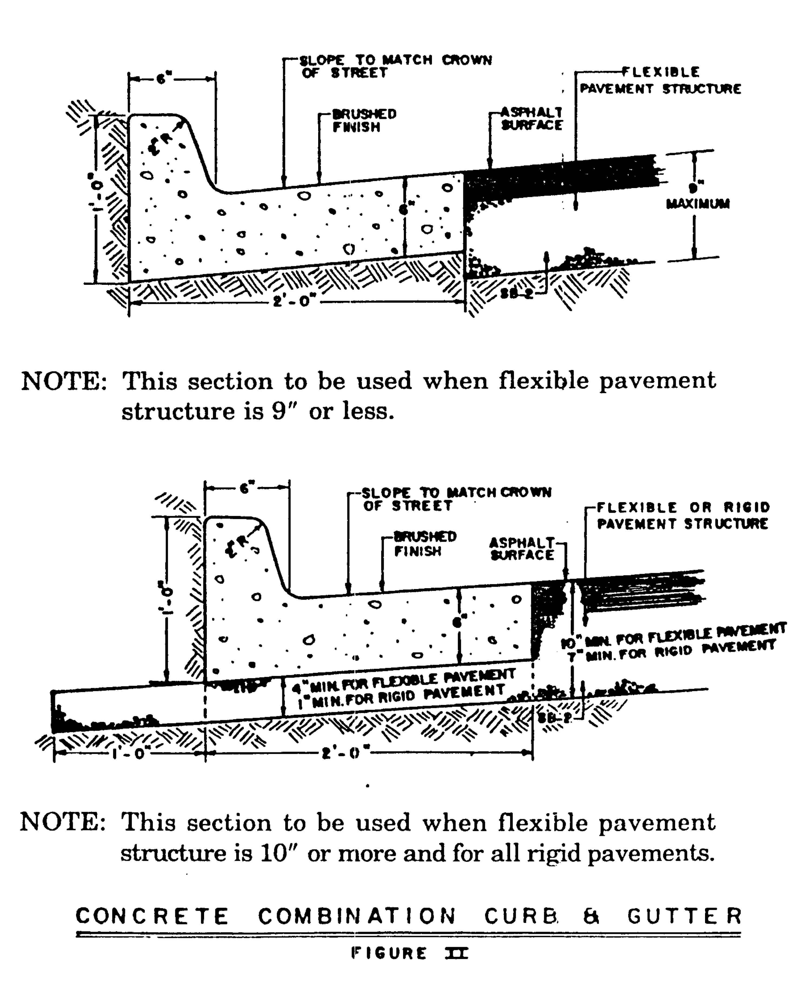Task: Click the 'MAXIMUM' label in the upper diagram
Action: coord(697,204)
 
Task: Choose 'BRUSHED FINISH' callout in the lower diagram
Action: coord(424,544)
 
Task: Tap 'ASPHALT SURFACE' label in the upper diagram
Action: coord(532,119)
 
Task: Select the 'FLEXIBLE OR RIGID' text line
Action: coord(683,507)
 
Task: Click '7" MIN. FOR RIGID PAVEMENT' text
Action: coord(671,650)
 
